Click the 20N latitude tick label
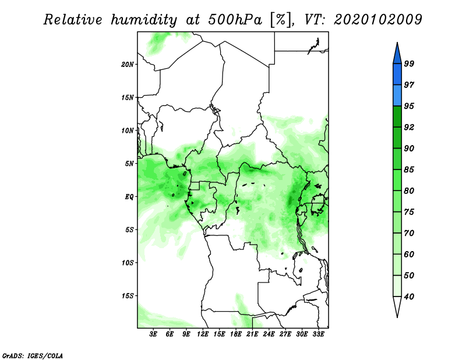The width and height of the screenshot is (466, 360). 128,65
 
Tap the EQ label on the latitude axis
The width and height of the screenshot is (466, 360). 129,197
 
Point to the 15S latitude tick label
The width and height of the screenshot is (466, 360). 128,296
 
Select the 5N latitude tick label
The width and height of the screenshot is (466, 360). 129,164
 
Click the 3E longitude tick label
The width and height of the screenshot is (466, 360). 153,334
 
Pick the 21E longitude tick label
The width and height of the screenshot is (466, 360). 252,334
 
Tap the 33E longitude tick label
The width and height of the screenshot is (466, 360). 318,334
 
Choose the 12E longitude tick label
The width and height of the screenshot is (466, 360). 203,334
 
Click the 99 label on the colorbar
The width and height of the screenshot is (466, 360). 409,63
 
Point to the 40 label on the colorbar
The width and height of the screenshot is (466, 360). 409,297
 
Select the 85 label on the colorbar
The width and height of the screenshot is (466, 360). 409,170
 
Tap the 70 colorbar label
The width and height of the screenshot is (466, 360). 409,233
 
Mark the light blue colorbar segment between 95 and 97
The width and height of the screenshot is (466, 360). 397,96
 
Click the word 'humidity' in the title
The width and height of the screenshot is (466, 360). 144,20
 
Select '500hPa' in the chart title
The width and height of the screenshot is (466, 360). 235,20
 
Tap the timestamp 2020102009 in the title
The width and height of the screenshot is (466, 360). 377,20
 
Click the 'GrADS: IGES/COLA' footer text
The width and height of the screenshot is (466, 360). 33,356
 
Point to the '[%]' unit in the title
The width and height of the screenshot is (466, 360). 281,20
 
